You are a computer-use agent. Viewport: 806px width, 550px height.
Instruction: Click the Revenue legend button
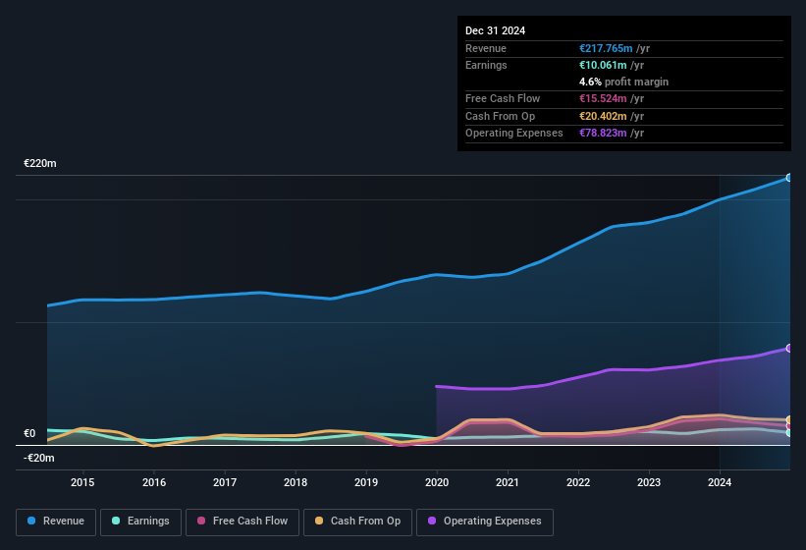point(57,522)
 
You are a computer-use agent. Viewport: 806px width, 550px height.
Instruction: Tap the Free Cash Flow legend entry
point(242,522)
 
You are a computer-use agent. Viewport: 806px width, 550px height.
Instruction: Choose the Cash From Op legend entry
point(357,522)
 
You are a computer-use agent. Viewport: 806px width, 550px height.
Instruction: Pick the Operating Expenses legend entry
point(485,522)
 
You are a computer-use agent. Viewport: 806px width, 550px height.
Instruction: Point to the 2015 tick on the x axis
point(82,482)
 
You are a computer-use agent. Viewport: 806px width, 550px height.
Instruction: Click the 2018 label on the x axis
point(296,482)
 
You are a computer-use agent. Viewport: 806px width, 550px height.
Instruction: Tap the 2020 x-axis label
point(437,482)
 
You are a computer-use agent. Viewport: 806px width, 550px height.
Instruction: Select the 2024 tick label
point(720,482)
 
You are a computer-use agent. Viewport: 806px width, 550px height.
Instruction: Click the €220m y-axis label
point(40,163)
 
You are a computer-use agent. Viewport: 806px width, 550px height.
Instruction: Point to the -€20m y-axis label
point(39,458)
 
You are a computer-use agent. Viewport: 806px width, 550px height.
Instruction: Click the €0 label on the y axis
point(29,433)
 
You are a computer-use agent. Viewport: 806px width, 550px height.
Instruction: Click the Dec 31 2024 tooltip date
point(495,30)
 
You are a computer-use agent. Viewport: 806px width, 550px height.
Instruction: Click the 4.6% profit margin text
point(623,82)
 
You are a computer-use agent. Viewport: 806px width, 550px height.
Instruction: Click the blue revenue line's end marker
point(789,178)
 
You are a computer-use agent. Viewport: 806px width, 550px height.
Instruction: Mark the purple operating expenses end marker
point(789,348)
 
